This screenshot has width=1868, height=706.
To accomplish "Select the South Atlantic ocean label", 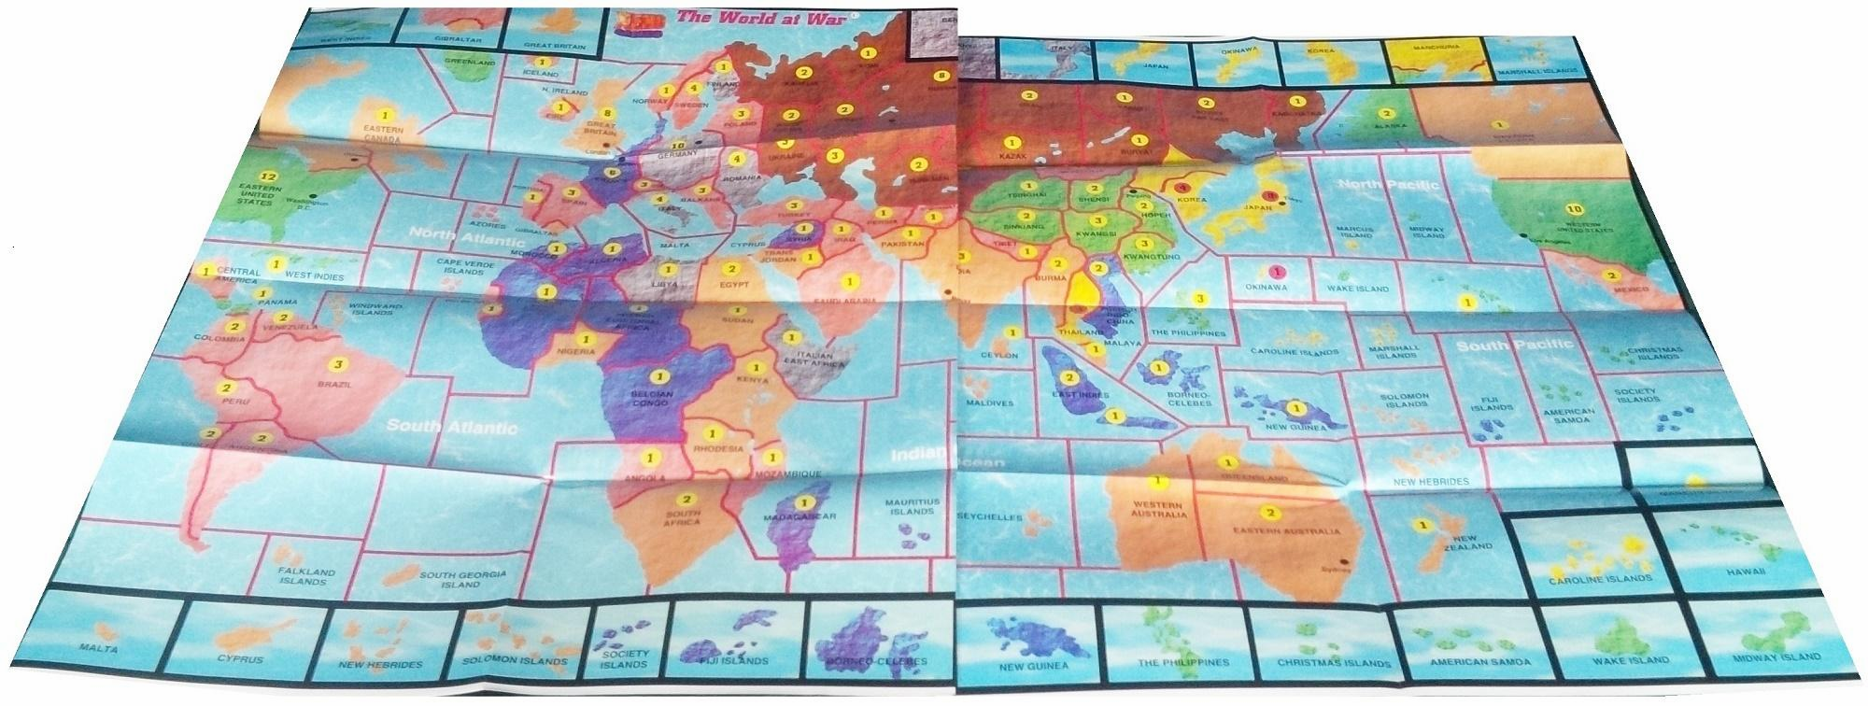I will point(452,428).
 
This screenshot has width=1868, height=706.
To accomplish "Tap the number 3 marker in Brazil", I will point(338,365).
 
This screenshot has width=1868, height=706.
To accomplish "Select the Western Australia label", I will point(1158,510).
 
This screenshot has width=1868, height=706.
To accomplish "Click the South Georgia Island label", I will point(462,579).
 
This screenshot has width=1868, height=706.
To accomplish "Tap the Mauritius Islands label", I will point(913,507).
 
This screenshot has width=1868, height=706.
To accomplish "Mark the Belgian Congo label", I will point(658,401).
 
